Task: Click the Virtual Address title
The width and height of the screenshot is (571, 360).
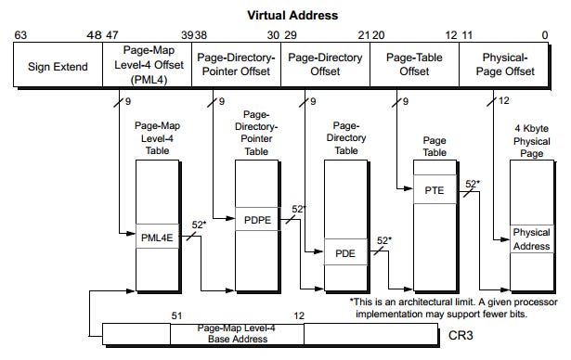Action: [x=291, y=16]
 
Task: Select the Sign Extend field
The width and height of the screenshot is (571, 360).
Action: [x=58, y=66]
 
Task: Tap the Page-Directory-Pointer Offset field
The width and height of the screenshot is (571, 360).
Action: [x=236, y=66]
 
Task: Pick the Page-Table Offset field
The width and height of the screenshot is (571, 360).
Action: [x=415, y=66]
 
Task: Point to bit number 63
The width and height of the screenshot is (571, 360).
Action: [x=20, y=35]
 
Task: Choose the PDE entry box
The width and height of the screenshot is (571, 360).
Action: [x=344, y=252]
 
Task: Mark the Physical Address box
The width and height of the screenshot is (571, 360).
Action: [x=531, y=238]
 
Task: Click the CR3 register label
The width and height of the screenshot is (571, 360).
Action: [x=462, y=333]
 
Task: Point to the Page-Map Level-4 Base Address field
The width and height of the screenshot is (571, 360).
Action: [x=236, y=333]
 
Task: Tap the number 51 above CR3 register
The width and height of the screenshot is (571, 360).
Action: [x=176, y=316]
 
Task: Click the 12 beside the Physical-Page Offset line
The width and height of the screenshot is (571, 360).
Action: [x=504, y=101]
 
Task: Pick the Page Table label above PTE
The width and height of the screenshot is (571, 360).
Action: [x=434, y=146]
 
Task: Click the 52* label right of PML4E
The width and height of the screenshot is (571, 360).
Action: [x=198, y=225]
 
